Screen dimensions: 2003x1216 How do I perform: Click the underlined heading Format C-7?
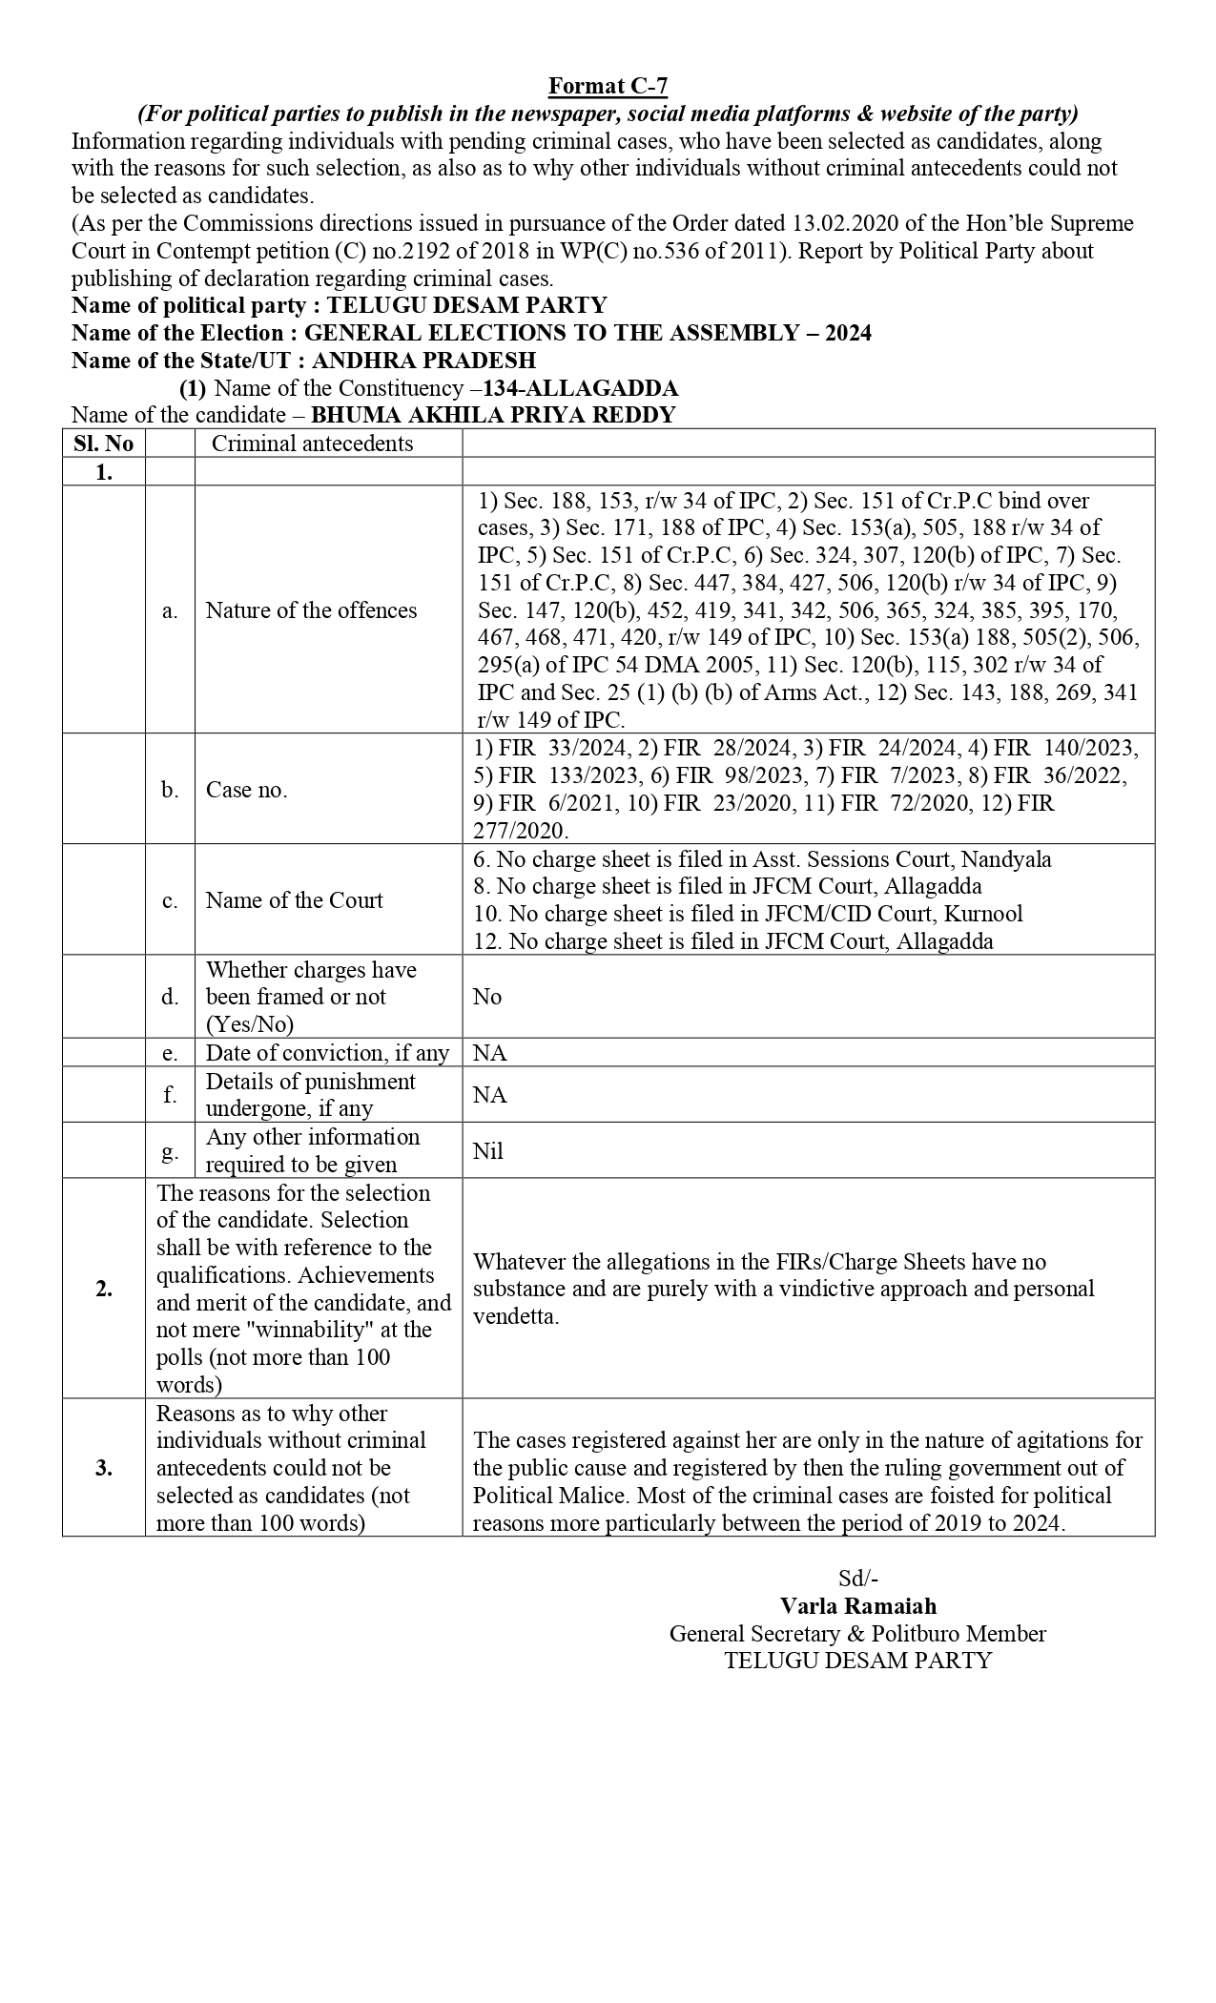[x=608, y=87]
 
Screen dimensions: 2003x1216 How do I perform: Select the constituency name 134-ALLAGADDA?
[x=581, y=388]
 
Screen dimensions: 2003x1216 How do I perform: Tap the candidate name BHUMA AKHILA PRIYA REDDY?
[x=493, y=415]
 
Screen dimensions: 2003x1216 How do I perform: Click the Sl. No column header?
[x=104, y=444]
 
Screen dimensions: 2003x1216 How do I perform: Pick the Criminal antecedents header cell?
[x=312, y=444]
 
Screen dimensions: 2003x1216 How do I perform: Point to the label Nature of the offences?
[x=311, y=610]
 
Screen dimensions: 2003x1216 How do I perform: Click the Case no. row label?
[x=246, y=790]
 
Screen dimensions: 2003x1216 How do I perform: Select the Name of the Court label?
[x=294, y=900]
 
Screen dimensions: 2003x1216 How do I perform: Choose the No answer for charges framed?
[x=486, y=997]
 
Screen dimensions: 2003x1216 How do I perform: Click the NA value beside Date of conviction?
[x=489, y=1053]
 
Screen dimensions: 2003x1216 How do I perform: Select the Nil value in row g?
[x=487, y=1151]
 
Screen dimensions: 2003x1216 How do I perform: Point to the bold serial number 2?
[x=104, y=1289]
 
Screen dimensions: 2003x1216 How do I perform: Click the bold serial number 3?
[x=104, y=1468]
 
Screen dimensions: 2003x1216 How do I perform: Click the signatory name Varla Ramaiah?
[x=857, y=1606]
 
